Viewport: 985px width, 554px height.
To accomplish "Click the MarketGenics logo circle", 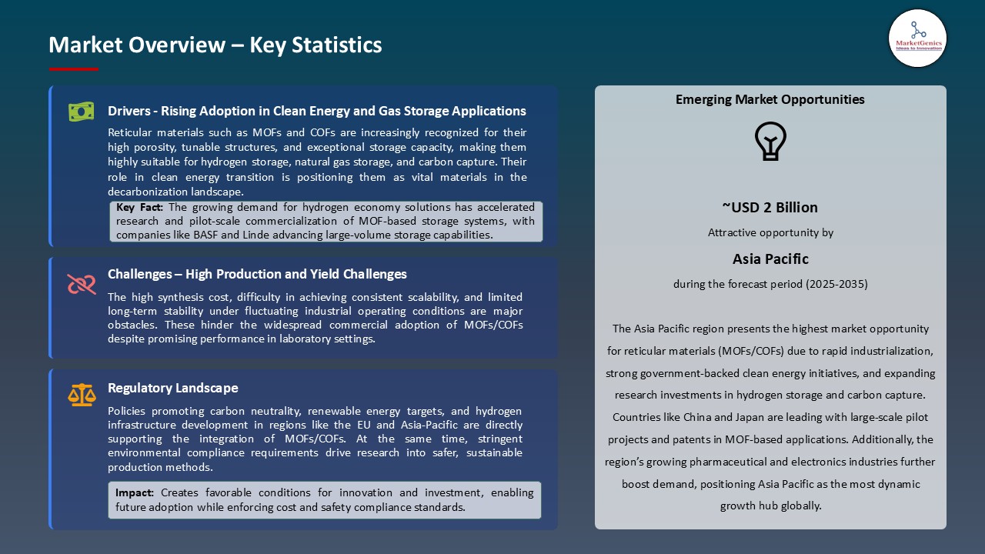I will (917, 38).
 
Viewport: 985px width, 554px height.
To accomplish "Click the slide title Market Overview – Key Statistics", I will (215, 45).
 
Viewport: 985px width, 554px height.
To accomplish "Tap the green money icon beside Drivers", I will (81, 112).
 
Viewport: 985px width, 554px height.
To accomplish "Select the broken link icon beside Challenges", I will (82, 285).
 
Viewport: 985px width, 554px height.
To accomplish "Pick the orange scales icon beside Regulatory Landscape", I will (82, 395).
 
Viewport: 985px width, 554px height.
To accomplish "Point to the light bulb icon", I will (770, 142).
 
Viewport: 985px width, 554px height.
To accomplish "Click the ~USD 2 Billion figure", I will (770, 207).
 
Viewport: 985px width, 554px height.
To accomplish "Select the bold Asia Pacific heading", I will (770, 259).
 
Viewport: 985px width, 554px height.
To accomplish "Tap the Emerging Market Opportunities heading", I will (770, 99).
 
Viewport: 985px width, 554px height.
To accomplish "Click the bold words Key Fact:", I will (140, 207).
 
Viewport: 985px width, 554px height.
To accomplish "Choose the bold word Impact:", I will (135, 492).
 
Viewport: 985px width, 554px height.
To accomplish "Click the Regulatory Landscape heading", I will (173, 388).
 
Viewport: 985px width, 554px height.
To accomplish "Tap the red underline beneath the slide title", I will (74, 68).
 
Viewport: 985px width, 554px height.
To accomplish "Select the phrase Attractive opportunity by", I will (770, 232).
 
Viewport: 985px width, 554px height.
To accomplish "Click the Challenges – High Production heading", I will (257, 274).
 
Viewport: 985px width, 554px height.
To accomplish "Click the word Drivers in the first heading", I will (129, 111).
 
